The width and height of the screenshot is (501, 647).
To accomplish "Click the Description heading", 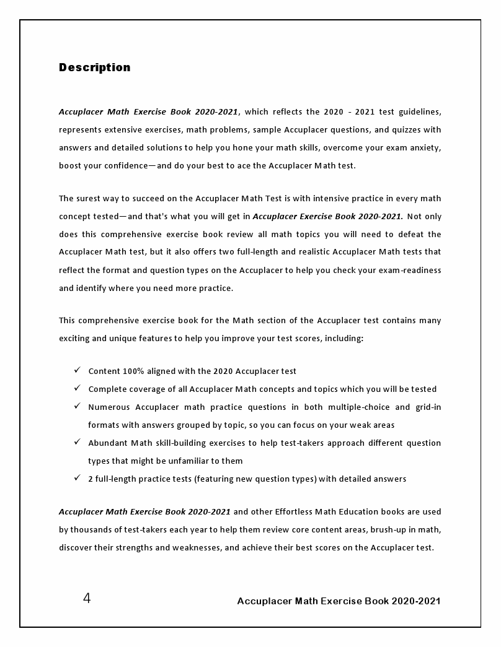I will (x=95, y=67).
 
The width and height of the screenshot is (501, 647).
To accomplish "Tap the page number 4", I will (x=87, y=598).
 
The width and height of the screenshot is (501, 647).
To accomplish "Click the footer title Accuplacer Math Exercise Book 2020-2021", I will (x=339, y=601).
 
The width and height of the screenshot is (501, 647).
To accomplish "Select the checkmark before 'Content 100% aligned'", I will (x=77, y=370).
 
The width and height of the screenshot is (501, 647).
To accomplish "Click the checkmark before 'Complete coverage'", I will (x=77, y=388).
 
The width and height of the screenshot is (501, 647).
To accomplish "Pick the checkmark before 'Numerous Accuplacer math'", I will (x=77, y=406).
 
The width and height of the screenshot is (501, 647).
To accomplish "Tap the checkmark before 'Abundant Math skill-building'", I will (x=77, y=441).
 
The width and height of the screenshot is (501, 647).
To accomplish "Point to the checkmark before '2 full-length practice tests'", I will (x=77, y=477).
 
